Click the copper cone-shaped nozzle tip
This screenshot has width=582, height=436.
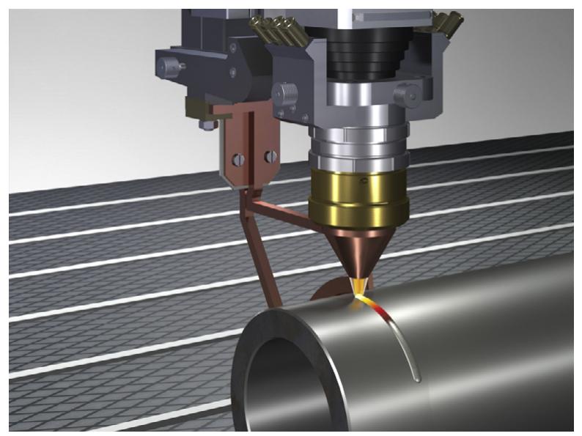click(x=350, y=254)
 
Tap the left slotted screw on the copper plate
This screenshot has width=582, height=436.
click(x=238, y=157)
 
